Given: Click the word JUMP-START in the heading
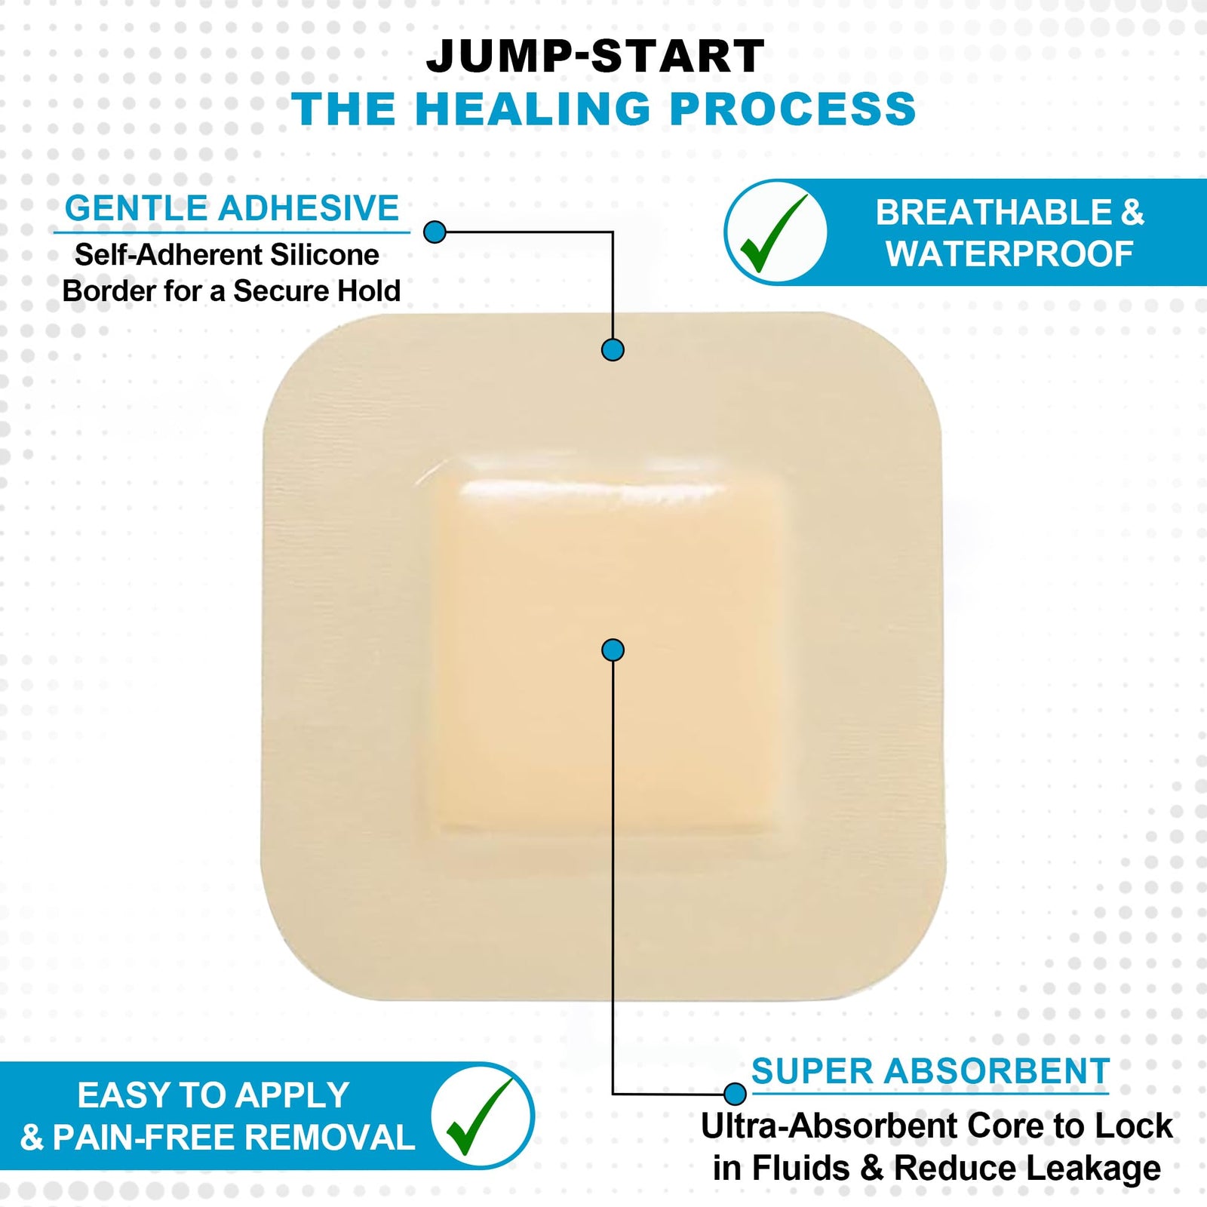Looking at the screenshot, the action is coord(595,57).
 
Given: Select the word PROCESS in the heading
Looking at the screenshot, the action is coord(793,109).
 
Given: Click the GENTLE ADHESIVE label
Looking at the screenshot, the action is coord(232,208).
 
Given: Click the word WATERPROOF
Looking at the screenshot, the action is coord(1009,254).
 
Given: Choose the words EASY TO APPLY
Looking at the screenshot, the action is coord(213,1095).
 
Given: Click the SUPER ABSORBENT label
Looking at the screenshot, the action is coord(930,1071).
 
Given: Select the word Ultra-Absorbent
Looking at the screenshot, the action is coord(830,1126).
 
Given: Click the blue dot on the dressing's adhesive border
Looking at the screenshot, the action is coord(613,350).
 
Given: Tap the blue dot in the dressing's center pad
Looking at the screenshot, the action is coord(613,650).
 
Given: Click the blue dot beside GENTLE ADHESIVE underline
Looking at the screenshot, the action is coord(435,232).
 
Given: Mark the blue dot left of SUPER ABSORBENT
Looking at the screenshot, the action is coord(734,1093).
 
